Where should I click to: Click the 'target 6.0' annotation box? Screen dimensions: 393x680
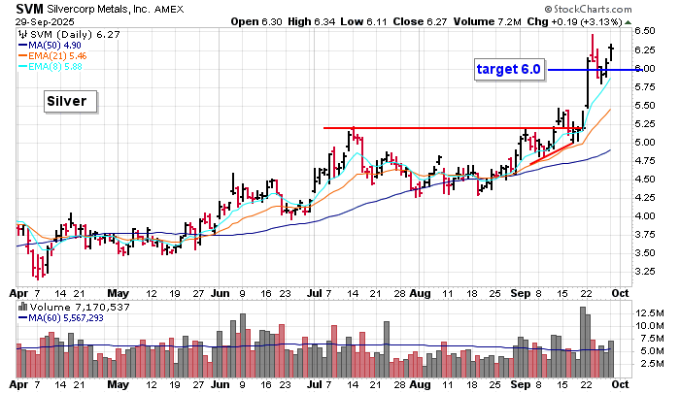tap(508, 69)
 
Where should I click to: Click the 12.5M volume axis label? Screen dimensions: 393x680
tap(649, 313)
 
